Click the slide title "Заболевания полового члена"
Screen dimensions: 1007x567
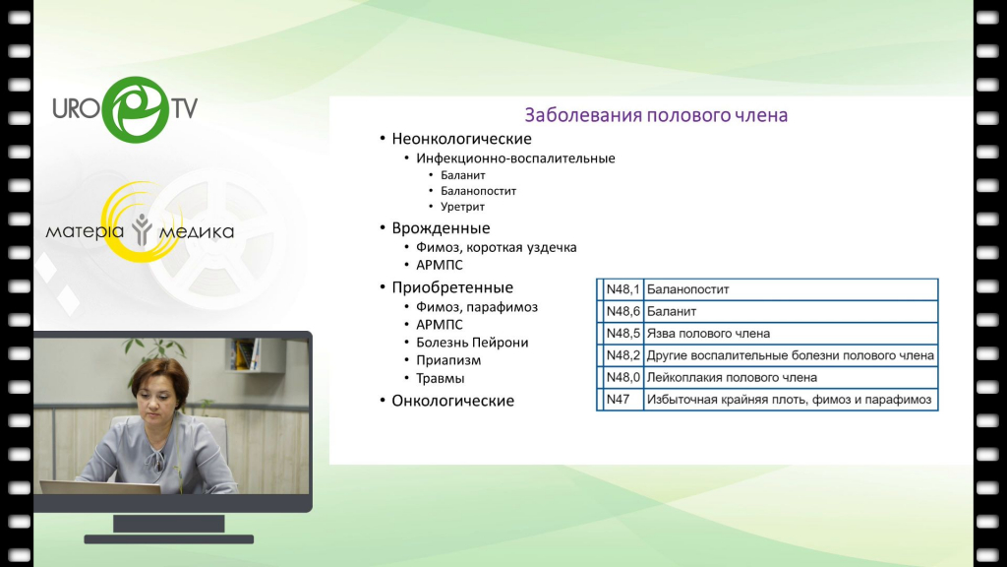[x=656, y=115]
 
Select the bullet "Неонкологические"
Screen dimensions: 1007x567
[x=462, y=139]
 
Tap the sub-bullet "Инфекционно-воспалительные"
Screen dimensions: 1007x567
[x=515, y=158]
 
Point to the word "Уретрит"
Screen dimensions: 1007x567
[x=462, y=207]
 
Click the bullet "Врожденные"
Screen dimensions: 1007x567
[x=441, y=228]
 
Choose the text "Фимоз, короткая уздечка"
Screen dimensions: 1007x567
[x=497, y=247]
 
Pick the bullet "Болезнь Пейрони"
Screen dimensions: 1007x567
[x=472, y=343]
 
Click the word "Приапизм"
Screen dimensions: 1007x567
[x=448, y=360]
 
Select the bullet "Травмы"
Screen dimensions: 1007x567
[x=440, y=378]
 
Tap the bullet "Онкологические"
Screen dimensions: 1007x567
[x=452, y=401]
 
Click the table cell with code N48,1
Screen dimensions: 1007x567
[x=622, y=289]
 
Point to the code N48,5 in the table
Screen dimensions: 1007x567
[x=622, y=333]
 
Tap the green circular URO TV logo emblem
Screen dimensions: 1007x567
[x=136, y=109]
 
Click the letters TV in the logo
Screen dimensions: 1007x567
[x=184, y=108]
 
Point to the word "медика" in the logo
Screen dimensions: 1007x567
[x=196, y=231]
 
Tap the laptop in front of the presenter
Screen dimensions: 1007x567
[x=100, y=487]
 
